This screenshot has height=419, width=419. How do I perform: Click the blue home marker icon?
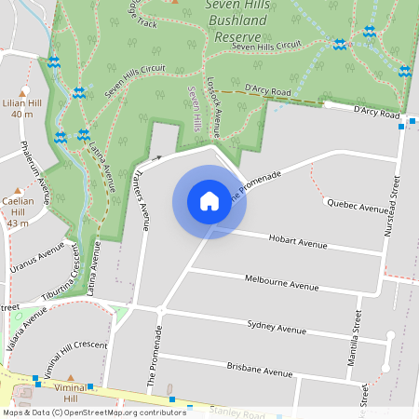click(209, 201)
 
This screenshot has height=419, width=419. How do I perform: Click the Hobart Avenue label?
click(298, 242)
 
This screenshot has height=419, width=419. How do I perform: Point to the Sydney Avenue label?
click(277, 326)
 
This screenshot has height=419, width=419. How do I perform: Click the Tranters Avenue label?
click(141, 198)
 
